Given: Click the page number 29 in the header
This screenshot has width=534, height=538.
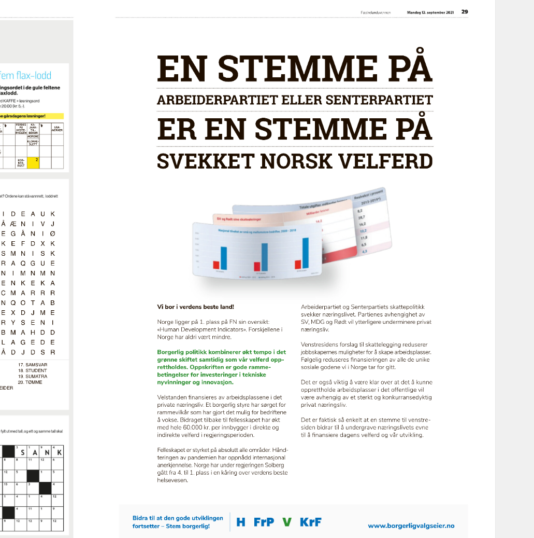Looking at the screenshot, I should tap(465, 11).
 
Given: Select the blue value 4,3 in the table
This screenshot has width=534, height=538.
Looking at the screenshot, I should tap(365, 251).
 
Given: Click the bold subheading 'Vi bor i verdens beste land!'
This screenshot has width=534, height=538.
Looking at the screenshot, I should tap(192, 307).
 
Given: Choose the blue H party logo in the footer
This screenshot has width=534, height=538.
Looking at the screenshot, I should tap(241, 522).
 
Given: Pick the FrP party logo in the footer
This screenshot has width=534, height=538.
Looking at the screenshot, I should tap(264, 522).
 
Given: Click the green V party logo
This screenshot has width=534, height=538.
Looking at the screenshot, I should tap(286, 522).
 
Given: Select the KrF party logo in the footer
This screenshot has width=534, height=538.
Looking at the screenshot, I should tap(311, 522).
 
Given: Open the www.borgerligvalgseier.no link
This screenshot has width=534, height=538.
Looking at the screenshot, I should tap(411, 526).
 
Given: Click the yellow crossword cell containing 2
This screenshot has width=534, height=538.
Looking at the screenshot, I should tap(35, 160).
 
